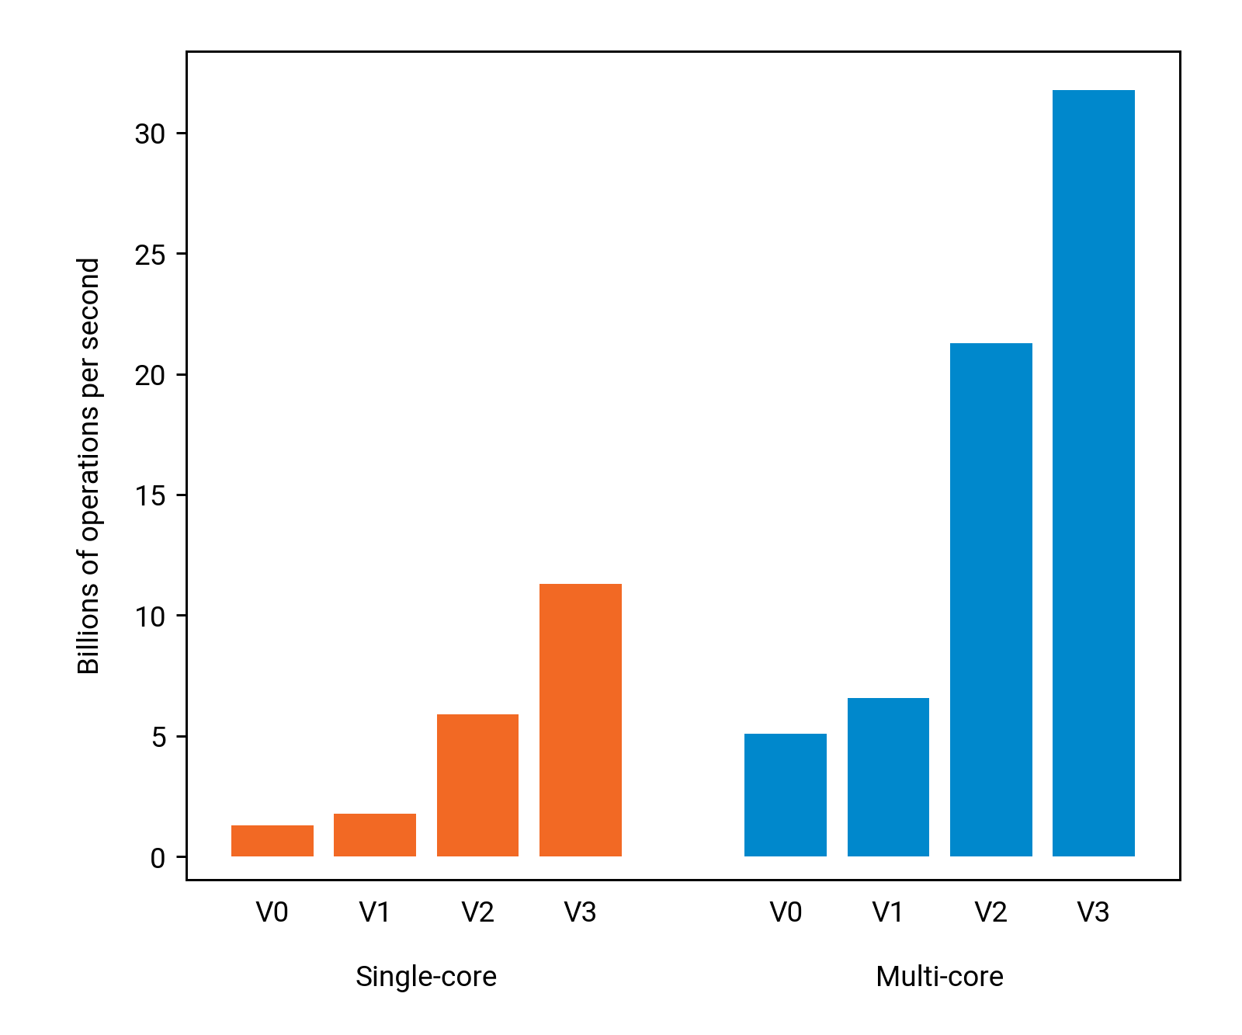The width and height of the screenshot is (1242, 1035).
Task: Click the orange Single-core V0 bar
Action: tap(272, 841)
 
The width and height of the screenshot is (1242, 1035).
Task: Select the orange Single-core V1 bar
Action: tap(375, 835)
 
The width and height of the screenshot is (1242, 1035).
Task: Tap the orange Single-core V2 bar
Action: tap(477, 785)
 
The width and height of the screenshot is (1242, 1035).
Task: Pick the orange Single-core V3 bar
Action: tap(581, 720)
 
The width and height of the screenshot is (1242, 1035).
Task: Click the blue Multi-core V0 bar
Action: tap(786, 795)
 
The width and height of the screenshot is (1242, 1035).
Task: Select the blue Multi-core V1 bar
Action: tap(888, 777)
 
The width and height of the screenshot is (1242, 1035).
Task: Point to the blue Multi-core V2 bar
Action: tap(991, 599)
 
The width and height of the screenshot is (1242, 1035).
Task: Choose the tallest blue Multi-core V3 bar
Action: tap(1094, 473)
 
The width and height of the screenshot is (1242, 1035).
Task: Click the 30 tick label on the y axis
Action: tap(150, 134)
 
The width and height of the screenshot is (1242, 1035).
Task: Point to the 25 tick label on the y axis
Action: tap(150, 255)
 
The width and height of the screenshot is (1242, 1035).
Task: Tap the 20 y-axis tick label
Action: tap(150, 376)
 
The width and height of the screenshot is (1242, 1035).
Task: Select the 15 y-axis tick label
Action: tap(150, 496)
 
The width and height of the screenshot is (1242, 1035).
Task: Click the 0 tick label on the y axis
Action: tap(158, 858)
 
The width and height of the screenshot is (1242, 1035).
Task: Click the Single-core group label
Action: tap(426, 976)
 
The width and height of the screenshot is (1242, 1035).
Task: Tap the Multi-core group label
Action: tap(939, 976)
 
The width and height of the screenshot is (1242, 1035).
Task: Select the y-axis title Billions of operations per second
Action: tap(88, 466)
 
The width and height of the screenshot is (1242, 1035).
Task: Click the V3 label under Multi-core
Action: tap(1093, 912)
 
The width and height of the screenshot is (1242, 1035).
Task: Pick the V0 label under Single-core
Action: tap(272, 912)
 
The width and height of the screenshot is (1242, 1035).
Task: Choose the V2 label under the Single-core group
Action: tap(477, 912)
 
